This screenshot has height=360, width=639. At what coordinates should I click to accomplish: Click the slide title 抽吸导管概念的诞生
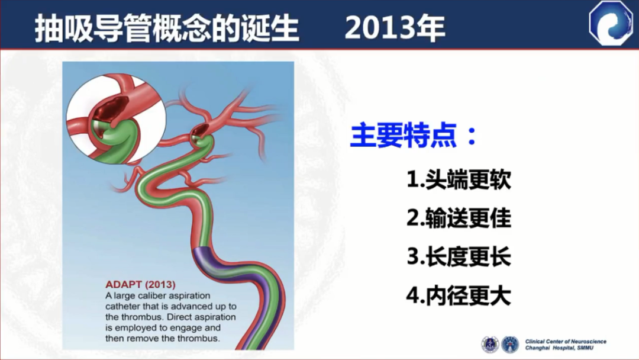pyautogui.click(x=167, y=28)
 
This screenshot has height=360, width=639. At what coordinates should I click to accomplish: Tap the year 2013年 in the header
pyautogui.click(x=395, y=28)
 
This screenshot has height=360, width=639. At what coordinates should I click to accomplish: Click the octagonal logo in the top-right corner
pyautogui.click(x=611, y=23)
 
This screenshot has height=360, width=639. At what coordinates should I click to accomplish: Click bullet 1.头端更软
pyautogui.click(x=459, y=179)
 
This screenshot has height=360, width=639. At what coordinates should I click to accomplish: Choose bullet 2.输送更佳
pyautogui.click(x=459, y=218)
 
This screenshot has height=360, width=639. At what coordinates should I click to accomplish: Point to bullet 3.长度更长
pyautogui.click(x=459, y=257)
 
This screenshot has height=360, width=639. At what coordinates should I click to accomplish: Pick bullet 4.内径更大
pyautogui.click(x=459, y=295)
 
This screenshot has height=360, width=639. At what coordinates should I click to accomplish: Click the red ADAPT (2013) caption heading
pyautogui.click(x=141, y=285)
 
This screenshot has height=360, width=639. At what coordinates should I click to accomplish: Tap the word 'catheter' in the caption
pyautogui.click(x=122, y=307)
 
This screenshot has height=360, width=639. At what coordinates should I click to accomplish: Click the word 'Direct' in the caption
pyautogui.click(x=180, y=317)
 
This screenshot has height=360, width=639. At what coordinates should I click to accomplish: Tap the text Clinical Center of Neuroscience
pyautogui.click(x=566, y=342)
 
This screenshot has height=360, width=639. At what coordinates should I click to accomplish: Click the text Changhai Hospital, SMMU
pyautogui.click(x=560, y=348)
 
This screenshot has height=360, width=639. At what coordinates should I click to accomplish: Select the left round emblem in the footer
pyautogui.click(x=490, y=345)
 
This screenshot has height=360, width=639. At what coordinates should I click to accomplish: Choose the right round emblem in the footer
pyautogui.click(x=510, y=345)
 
